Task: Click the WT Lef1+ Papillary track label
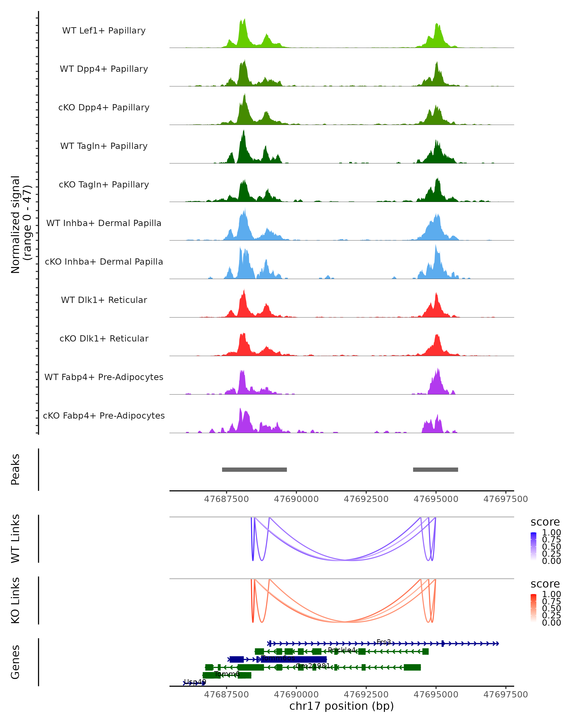pyautogui.click(x=104, y=31)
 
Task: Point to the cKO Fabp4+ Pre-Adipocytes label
pyautogui.click(x=104, y=416)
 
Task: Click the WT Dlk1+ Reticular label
pyautogui.click(x=104, y=300)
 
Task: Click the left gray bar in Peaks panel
pyautogui.click(x=254, y=469)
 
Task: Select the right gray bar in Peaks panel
pyautogui.click(x=435, y=469)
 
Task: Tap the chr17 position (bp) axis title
pyautogui.click(x=342, y=706)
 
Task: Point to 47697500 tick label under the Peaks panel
pyautogui.click(x=505, y=499)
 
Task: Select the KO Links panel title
pyautogui.click(x=15, y=600)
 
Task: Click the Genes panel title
pyautogui.click(x=15, y=662)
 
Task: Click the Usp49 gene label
pyautogui.click(x=195, y=682)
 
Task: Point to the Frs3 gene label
pyautogui.click(x=384, y=642)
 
